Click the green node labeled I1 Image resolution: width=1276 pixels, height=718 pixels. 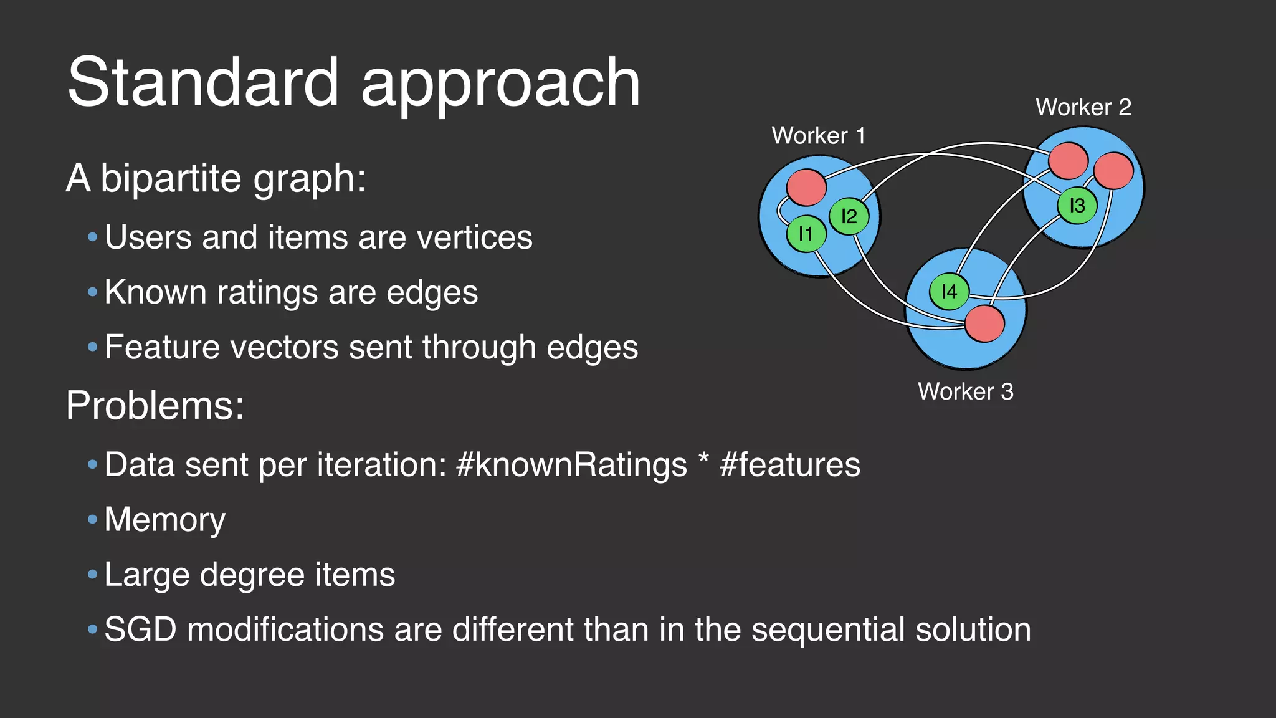(x=806, y=234)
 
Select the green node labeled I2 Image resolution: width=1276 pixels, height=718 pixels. (x=849, y=216)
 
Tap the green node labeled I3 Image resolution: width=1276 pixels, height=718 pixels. (x=1077, y=205)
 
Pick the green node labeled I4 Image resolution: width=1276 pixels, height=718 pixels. (x=949, y=291)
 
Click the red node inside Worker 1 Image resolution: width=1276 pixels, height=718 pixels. (x=806, y=187)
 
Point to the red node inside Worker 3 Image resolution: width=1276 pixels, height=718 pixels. (x=984, y=323)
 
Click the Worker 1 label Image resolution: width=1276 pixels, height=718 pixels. (x=818, y=135)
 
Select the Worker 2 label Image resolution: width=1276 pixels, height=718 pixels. (x=1083, y=107)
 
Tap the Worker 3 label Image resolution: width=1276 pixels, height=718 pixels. (x=965, y=391)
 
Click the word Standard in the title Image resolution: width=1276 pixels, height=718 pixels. (x=202, y=82)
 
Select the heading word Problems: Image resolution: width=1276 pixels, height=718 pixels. (x=155, y=406)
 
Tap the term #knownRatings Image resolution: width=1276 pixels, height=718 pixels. (x=571, y=465)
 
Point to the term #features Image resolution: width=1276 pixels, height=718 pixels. (x=789, y=465)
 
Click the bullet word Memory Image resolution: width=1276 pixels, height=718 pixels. (x=164, y=520)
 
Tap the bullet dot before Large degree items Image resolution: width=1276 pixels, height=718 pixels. (x=93, y=574)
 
